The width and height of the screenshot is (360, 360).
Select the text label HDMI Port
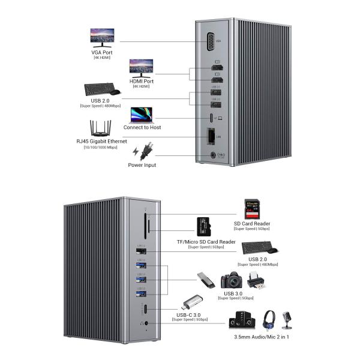click(x=141, y=81)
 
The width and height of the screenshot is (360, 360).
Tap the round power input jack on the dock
click(x=211, y=155)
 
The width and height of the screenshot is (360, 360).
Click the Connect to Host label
click(x=142, y=127)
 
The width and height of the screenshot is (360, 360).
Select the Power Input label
click(x=142, y=164)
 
